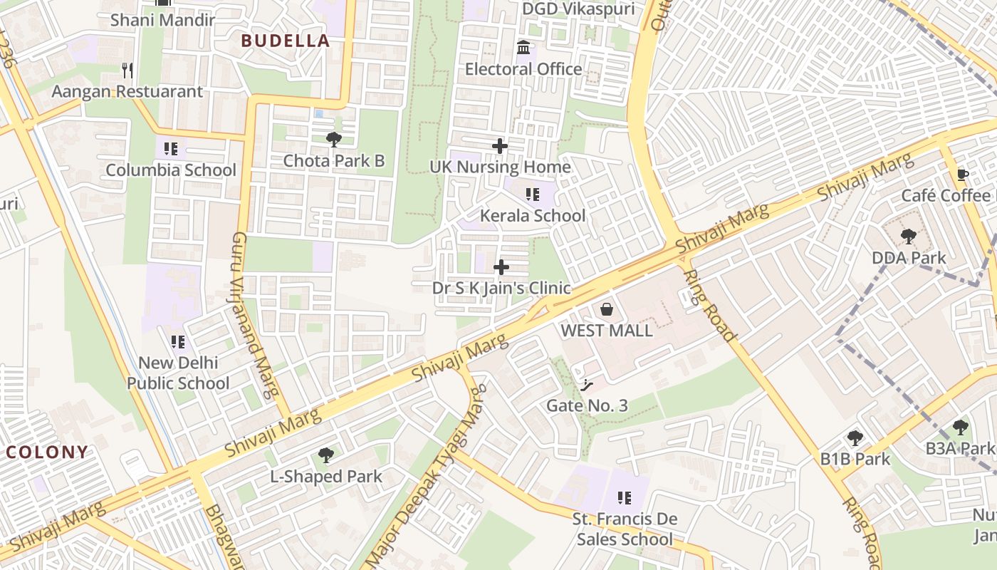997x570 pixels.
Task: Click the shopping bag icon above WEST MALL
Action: (607, 309)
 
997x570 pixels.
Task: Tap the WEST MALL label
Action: (607, 331)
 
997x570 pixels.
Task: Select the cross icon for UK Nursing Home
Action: (500, 146)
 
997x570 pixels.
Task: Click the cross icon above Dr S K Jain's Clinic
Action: (501, 267)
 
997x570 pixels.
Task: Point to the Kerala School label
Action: (533, 216)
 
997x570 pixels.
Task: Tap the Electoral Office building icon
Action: (524, 48)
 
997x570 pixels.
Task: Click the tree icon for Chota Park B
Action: (333, 140)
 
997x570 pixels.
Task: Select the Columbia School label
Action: (171, 170)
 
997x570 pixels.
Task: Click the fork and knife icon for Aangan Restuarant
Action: (127, 71)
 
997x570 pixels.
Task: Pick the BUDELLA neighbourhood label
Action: (286, 41)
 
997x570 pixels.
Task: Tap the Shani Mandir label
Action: (162, 20)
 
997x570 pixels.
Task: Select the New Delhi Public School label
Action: (178, 373)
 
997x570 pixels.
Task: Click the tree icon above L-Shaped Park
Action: (326, 455)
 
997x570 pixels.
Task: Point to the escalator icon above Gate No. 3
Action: (587, 385)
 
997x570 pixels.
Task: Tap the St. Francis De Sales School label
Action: (625, 529)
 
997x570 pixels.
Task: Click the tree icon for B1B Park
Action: (855, 438)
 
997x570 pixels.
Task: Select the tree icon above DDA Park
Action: (908, 237)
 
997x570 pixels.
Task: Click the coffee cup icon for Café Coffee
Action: (963, 175)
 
